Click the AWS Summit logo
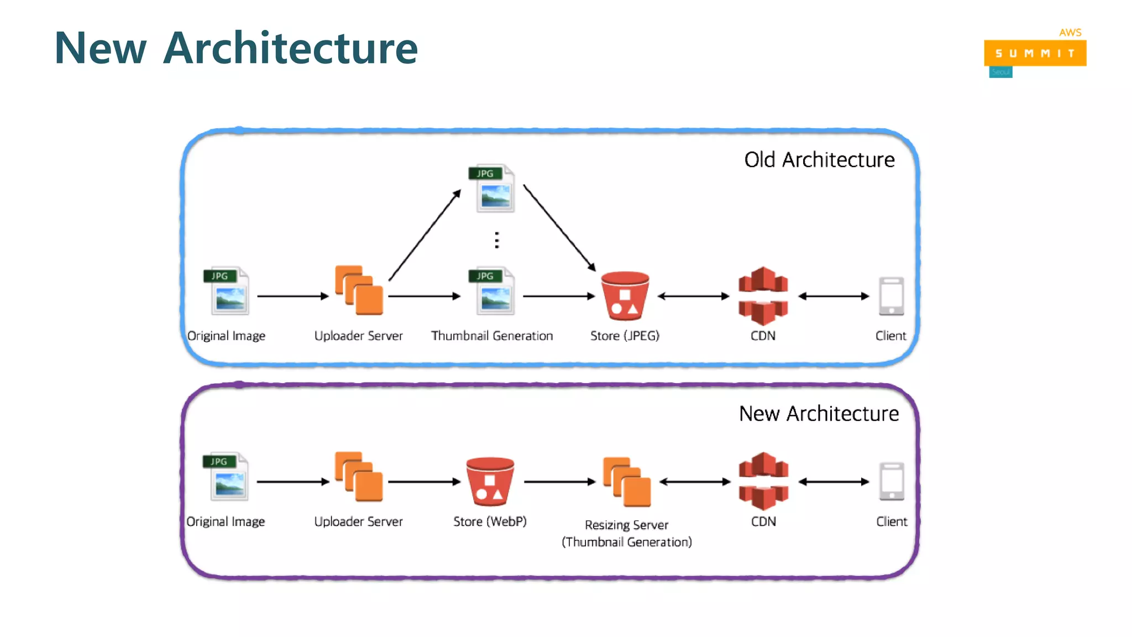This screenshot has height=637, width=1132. [x=1035, y=53]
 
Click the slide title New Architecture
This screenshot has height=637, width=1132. [x=236, y=48]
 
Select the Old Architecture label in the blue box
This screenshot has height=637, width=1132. [x=819, y=160]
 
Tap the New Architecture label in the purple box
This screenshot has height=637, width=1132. [x=819, y=414]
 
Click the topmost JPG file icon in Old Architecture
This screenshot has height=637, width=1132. [x=492, y=189]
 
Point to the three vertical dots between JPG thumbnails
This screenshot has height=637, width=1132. [x=497, y=240]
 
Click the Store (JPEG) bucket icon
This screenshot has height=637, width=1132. [x=625, y=296]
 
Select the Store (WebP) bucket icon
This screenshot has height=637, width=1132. [x=490, y=481]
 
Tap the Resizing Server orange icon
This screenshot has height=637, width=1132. [x=627, y=482]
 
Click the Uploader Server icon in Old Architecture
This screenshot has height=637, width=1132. [x=359, y=290]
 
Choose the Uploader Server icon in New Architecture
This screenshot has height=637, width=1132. [x=359, y=477]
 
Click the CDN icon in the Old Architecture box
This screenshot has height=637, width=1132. [x=763, y=296]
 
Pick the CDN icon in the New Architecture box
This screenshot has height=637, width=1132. [x=763, y=481]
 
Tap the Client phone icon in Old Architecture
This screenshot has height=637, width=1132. [x=891, y=296]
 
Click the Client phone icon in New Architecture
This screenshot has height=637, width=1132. [x=892, y=482]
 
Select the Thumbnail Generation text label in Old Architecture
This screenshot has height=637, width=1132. [x=492, y=336]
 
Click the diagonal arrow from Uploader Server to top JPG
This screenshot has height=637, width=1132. [x=424, y=235]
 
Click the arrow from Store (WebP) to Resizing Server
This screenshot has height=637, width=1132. [x=559, y=482]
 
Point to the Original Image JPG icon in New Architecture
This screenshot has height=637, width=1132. [x=226, y=477]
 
